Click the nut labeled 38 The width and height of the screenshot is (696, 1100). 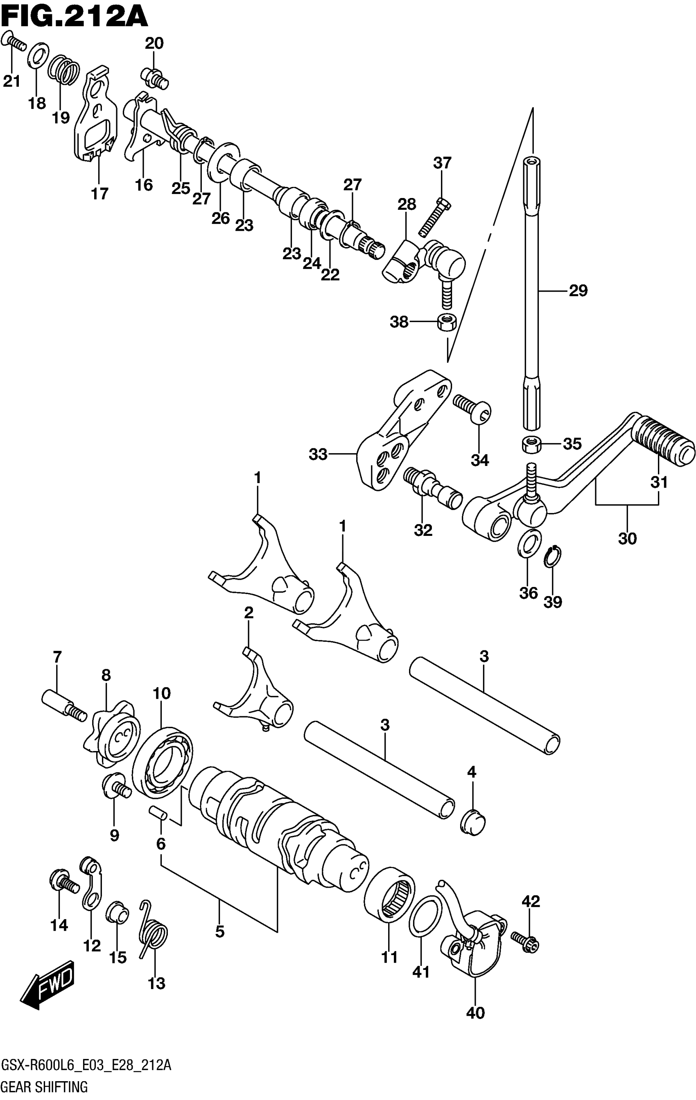click(x=446, y=322)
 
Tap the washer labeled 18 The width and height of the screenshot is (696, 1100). click(x=39, y=55)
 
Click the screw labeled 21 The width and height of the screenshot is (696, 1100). click(x=14, y=43)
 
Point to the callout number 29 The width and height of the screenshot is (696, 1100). click(x=578, y=290)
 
